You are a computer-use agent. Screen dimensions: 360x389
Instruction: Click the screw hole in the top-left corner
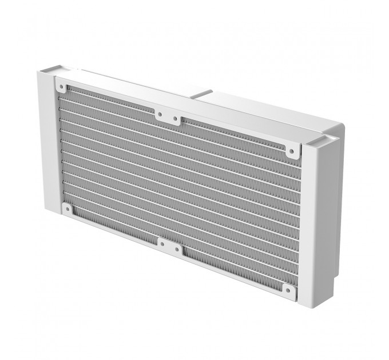point(61,87)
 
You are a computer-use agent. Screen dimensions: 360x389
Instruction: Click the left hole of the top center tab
point(160,114)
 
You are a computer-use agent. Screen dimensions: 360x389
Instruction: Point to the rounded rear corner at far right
point(342,129)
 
